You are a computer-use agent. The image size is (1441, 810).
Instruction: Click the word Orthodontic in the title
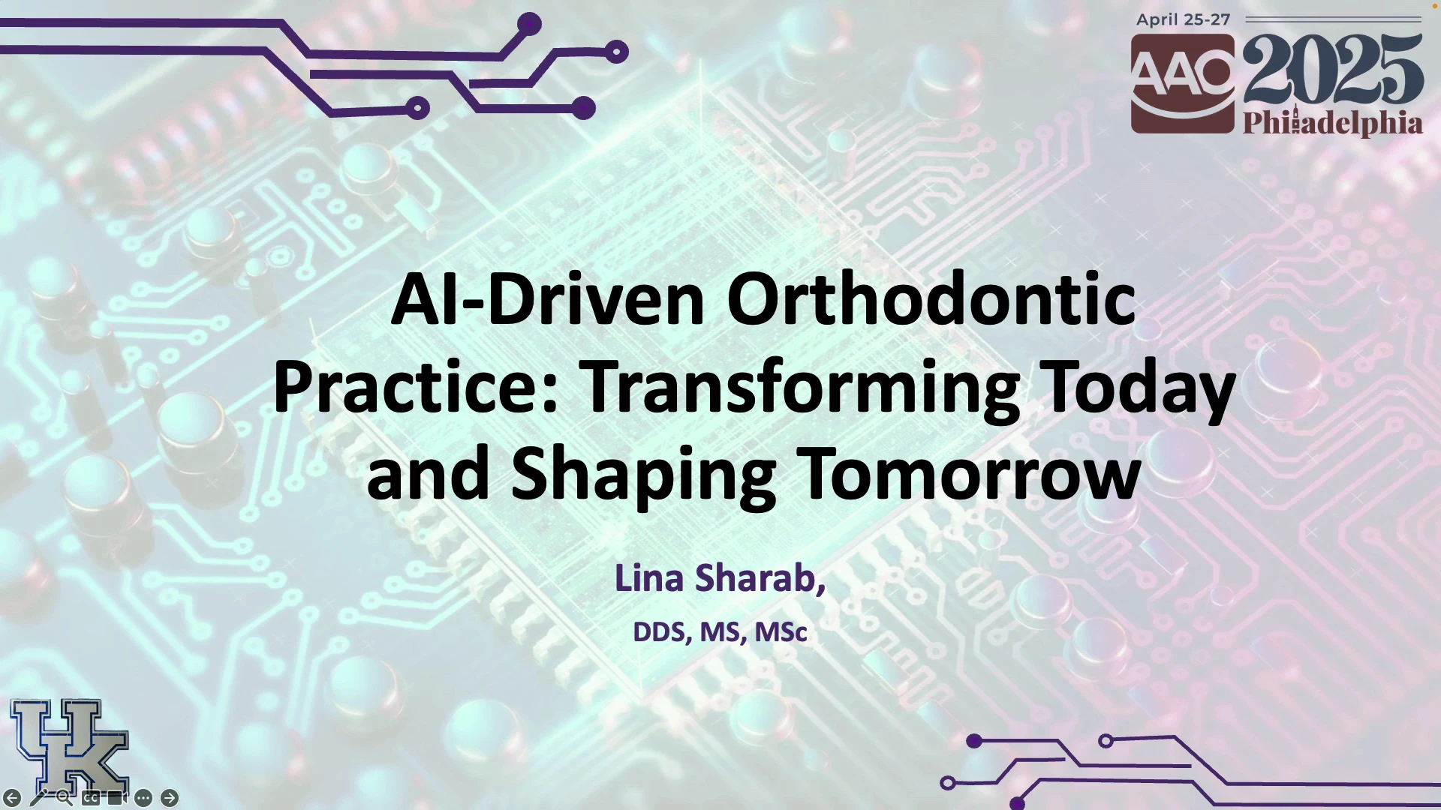pyautogui.click(x=931, y=299)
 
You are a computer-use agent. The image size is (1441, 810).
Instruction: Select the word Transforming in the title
pyautogui.click(x=800, y=388)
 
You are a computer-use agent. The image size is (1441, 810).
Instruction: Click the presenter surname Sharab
pyautogui.click(x=760, y=578)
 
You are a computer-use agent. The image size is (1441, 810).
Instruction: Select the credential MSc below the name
pyautogui.click(x=781, y=632)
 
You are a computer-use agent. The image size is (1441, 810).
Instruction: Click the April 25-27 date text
pyautogui.click(x=1183, y=20)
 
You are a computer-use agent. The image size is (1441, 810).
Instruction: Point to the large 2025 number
pyautogui.click(x=1333, y=69)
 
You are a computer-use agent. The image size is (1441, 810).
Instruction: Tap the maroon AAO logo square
pyautogui.click(x=1183, y=83)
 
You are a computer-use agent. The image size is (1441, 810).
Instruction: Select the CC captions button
pyautogui.click(x=91, y=798)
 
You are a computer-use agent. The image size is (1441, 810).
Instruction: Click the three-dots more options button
pyautogui.click(x=143, y=798)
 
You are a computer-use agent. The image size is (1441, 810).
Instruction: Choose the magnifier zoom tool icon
pyautogui.click(x=65, y=798)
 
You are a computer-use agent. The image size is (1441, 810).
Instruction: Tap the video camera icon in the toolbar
pyautogui.click(x=116, y=798)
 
